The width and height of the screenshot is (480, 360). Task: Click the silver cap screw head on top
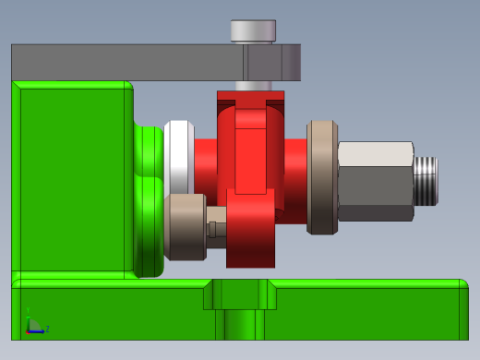[253, 31]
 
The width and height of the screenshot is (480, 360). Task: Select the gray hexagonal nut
[375, 181]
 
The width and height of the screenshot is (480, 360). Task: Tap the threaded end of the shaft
[425, 180]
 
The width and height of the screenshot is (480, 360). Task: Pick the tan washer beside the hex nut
[322, 176]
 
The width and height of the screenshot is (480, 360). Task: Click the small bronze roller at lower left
[187, 227]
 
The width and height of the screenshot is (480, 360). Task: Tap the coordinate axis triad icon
[34, 322]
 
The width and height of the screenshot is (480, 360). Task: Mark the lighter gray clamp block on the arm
[272, 63]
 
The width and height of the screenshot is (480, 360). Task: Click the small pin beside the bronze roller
[215, 228]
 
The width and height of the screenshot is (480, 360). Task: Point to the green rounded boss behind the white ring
[148, 198]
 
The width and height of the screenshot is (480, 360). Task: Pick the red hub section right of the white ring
[205, 162]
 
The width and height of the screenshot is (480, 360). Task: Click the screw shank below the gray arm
[252, 86]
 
